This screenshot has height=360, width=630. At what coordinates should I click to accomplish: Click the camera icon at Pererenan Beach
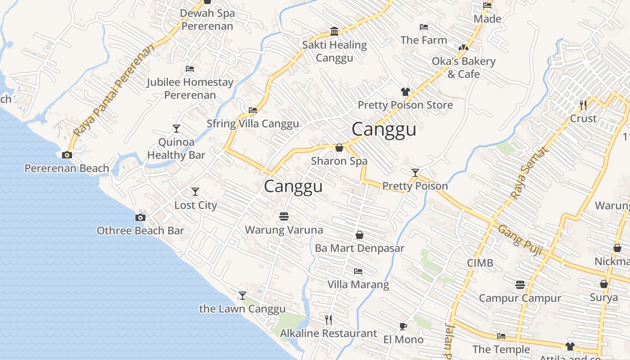point(67,155)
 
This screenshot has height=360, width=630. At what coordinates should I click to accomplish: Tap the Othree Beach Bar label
point(140,230)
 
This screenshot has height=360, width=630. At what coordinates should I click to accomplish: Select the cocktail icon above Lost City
point(195,192)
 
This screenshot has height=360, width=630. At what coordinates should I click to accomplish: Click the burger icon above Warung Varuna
point(283,216)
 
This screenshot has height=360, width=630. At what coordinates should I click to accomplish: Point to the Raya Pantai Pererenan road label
point(114,90)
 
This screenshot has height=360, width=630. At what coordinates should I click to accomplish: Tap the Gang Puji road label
point(520,240)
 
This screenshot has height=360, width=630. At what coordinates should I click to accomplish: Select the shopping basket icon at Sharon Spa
point(339,148)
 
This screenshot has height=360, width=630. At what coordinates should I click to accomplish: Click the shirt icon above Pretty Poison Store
point(405,92)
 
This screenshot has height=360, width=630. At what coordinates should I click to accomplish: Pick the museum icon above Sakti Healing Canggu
point(334,31)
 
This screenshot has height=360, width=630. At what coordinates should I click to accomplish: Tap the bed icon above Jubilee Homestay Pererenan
point(190,69)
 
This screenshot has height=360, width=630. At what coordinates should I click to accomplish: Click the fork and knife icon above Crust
point(583,105)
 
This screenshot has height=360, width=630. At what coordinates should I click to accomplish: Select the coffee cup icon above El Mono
point(403,326)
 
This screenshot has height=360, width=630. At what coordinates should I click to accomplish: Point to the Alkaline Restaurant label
point(328,333)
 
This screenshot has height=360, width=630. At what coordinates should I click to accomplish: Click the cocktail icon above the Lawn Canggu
point(243,296)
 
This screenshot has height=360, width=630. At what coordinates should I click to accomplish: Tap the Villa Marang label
point(358,284)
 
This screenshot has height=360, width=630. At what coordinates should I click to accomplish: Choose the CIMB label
point(480,263)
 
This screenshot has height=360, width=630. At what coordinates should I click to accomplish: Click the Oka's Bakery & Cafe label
point(463,67)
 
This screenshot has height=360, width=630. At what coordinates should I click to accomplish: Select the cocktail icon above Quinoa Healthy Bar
point(176,129)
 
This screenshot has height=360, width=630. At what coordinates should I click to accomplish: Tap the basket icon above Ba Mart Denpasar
point(360,235)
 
